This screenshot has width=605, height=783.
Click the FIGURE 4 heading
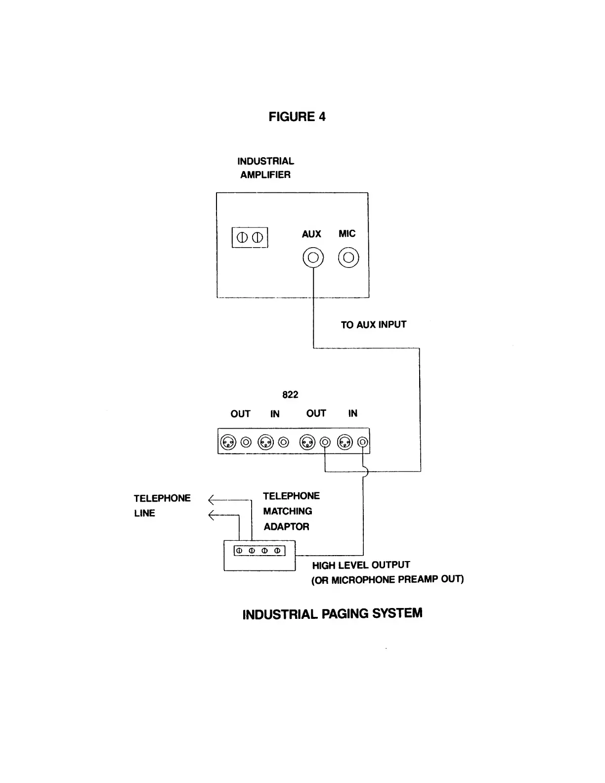pos(297,117)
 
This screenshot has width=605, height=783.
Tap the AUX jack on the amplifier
pos(313,258)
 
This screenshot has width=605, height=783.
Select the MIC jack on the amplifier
pos(348,258)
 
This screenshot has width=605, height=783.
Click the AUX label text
pos(311,234)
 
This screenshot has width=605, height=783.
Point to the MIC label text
pos(347,233)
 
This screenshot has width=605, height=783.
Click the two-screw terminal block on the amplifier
pos(250,237)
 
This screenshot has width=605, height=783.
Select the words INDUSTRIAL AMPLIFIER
pos(265,168)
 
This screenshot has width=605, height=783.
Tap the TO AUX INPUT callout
pos(373,325)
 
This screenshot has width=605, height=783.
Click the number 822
pos(290,394)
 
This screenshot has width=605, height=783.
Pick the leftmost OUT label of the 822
pos(240,414)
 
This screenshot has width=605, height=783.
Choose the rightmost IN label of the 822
pos(352,413)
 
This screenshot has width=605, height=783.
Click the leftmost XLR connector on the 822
pos(228,441)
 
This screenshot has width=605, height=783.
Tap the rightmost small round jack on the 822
pos(363,441)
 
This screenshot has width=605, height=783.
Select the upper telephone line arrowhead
pos(212,499)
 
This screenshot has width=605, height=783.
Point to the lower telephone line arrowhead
pos(212,515)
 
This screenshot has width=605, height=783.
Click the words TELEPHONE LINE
pos(162,505)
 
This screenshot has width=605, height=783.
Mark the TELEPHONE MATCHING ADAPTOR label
pos(290,511)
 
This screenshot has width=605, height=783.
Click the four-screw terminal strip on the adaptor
pos(259,550)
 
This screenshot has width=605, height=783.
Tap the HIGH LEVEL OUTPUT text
pos(361,565)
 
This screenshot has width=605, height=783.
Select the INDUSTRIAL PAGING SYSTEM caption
pos(332,614)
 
